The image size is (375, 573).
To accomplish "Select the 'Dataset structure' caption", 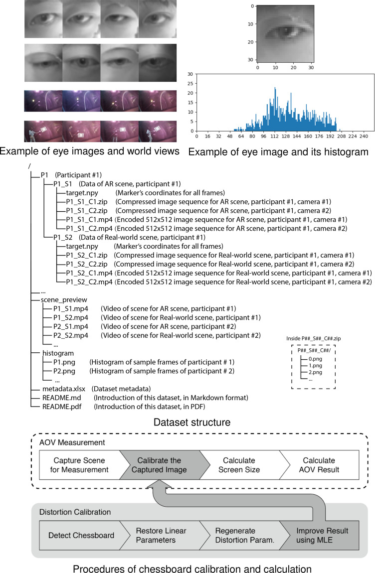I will pos(187,423).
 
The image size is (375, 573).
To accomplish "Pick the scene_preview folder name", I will pos(64,300).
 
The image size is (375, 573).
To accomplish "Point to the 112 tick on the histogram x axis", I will pos(275,136).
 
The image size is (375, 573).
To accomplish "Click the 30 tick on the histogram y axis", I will pos(190,74).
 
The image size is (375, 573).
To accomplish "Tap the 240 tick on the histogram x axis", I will pos(364,136).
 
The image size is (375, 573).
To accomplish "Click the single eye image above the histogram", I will pos(282,33).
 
